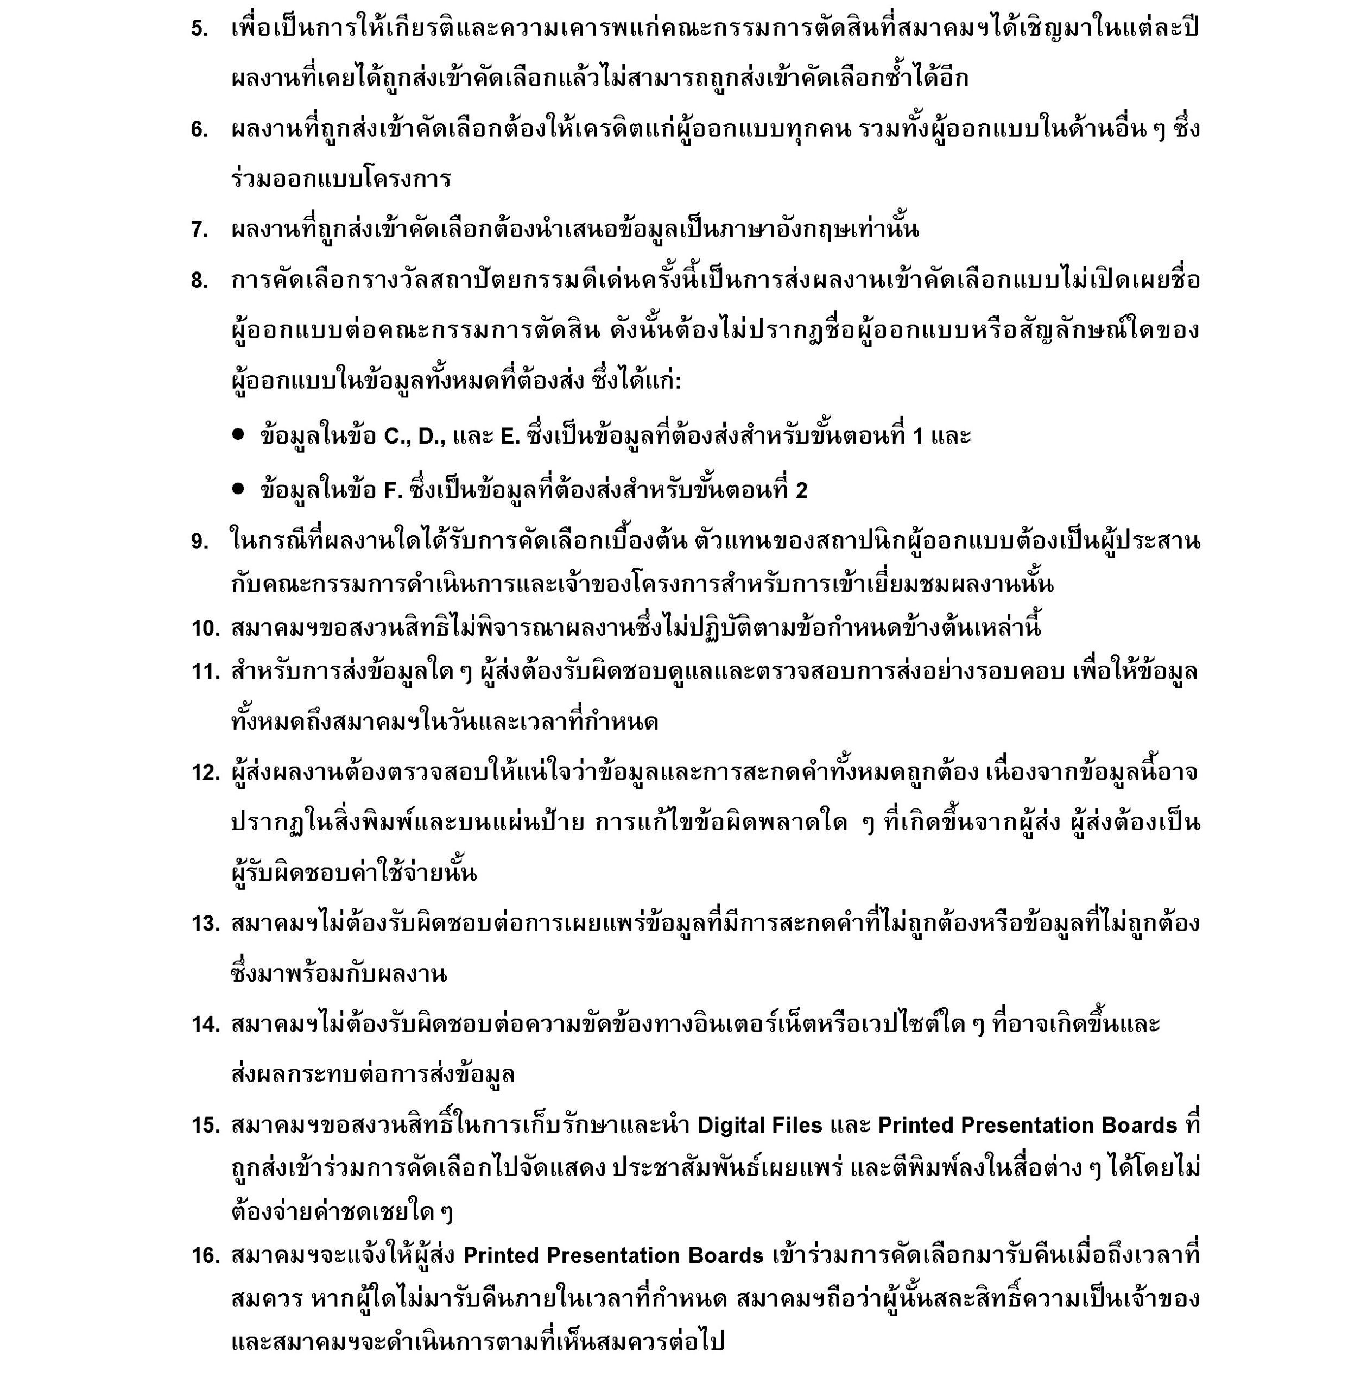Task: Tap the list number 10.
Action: tap(205, 629)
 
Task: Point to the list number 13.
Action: tap(205, 924)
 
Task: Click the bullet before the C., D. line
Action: tap(238, 435)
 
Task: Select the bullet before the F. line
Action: tap(238, 489)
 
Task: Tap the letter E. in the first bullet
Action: tap(510, 436)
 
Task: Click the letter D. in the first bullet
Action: tap(432, 436)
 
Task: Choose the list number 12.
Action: tap(205, 773)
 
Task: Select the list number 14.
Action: tap(205, 1025)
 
